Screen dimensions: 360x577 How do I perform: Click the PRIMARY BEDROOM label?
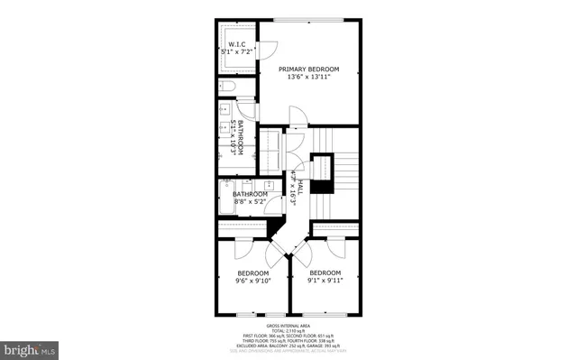click(308, 69)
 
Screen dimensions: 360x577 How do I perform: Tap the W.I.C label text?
click(237, 44)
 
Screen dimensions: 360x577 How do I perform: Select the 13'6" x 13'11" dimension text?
click(308, 77)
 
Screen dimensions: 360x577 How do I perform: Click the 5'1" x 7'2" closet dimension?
click(237, 52)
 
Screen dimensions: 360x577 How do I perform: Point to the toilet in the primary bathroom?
click(227, 87)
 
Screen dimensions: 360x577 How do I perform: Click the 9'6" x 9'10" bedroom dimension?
click(252, 281)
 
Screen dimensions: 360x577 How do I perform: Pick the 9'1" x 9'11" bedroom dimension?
click(325, 281)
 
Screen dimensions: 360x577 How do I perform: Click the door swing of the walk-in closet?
click(267, 51)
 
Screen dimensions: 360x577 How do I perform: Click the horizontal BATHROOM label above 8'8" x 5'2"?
click(251, 194)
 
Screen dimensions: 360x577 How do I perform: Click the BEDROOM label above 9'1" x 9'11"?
click(325, 272)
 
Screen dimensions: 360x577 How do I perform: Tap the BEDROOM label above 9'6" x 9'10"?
click(252, 272)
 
